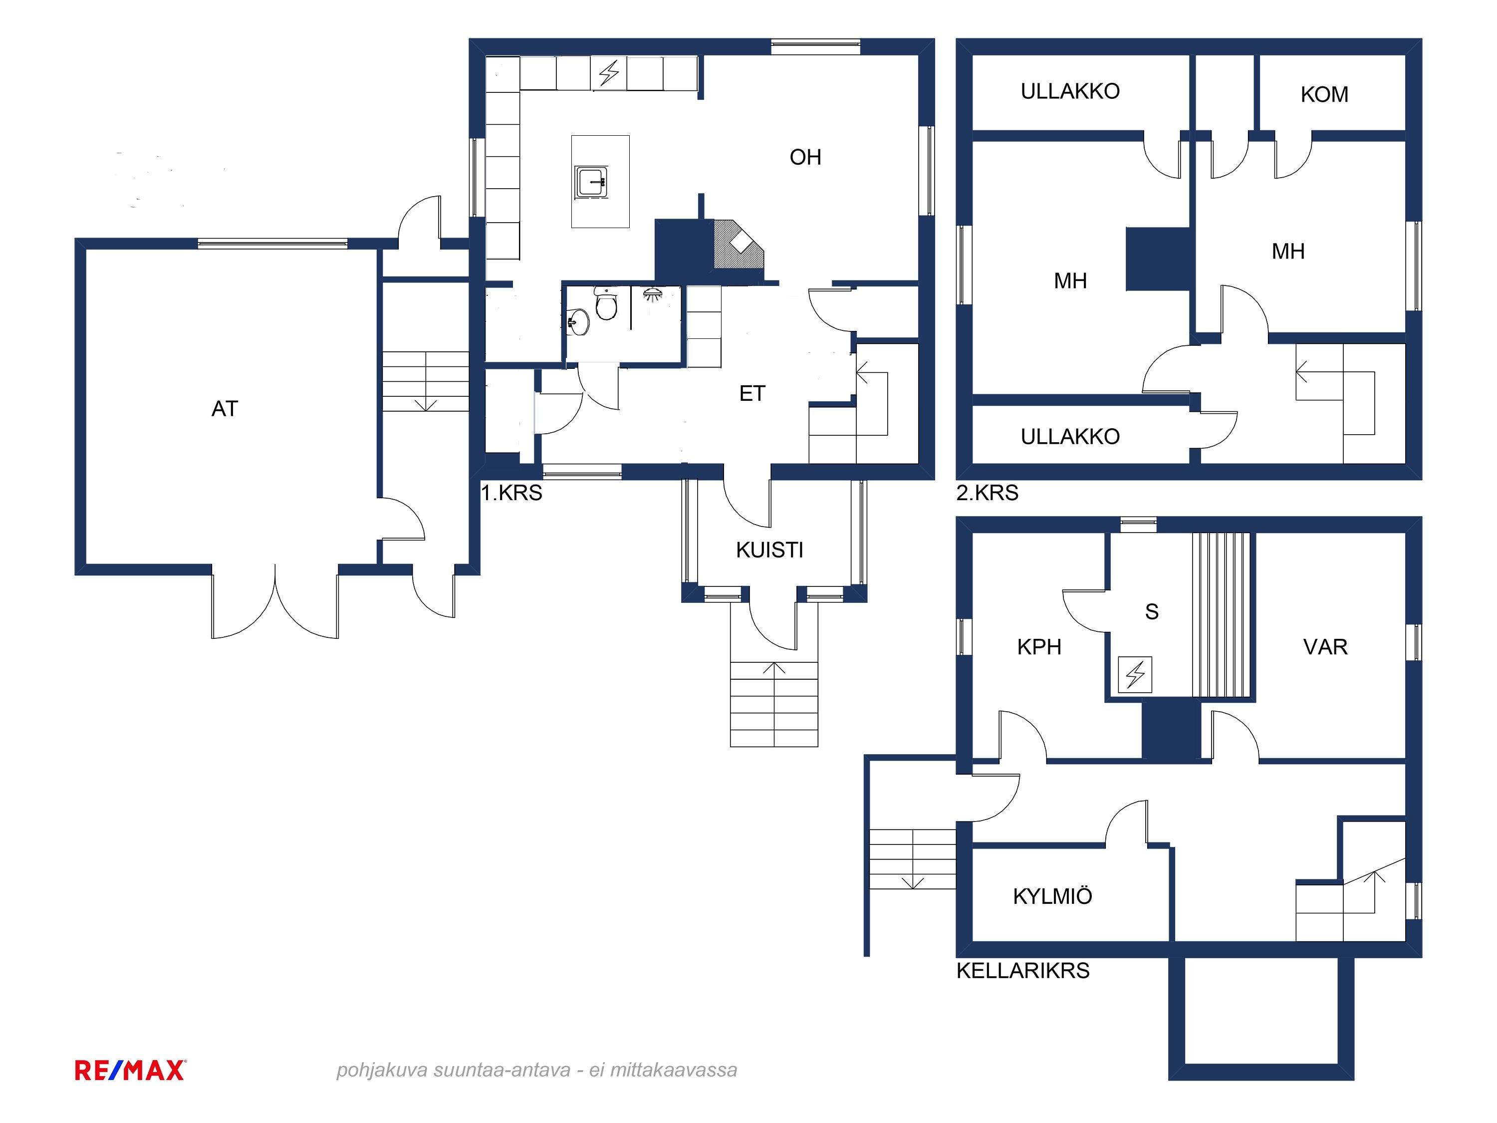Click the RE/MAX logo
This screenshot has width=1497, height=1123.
[130, 1070]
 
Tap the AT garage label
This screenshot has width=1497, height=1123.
[225, 409]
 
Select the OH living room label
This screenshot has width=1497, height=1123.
[805, 157]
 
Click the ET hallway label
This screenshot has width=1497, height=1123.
[752, 393]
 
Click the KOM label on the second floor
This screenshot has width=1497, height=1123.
[1324, 94]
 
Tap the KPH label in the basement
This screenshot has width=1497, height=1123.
[1039, 647]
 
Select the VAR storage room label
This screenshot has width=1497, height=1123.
[1325, 647]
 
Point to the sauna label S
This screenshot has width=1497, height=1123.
[1151, 612]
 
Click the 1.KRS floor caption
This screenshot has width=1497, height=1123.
[511, 493]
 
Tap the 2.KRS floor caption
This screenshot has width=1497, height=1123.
[988, 493]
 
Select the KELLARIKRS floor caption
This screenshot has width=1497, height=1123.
[1022, 971]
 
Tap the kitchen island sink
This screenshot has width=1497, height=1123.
[591, 181]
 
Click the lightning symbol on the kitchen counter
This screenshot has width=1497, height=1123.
[609, 73]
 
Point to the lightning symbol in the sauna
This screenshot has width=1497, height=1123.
[1135, 674]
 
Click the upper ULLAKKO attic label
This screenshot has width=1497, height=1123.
[1070, 91]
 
